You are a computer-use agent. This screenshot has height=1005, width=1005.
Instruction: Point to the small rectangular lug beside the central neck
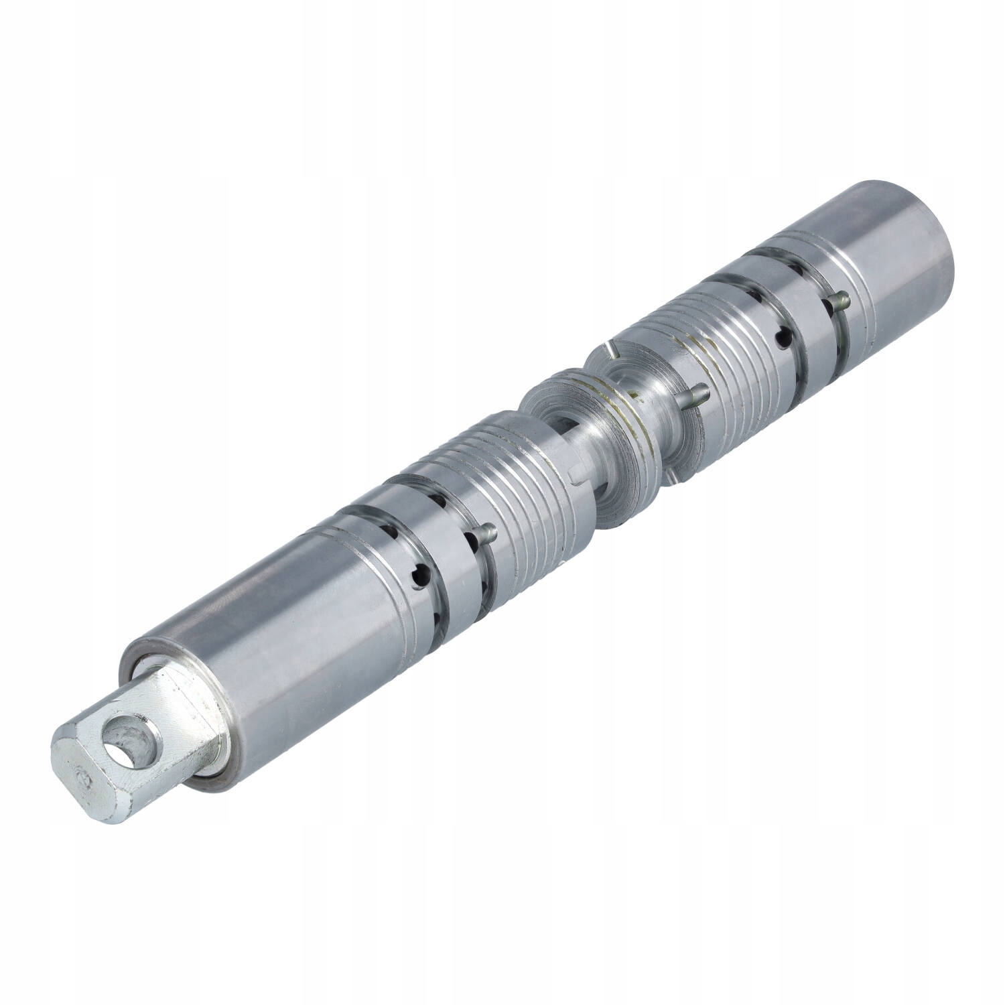click(x=574, y=475)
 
